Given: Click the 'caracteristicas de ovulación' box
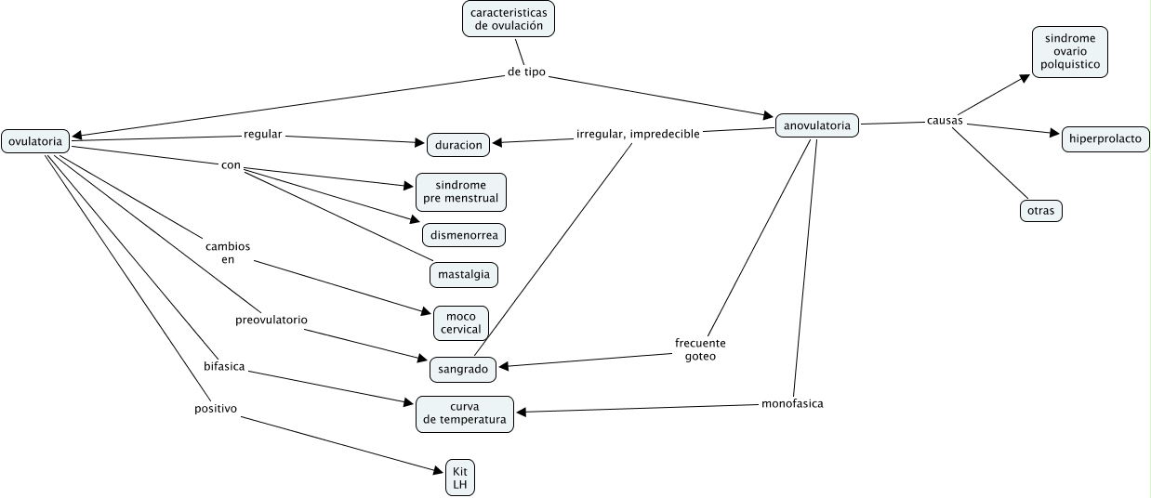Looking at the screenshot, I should [508, 19].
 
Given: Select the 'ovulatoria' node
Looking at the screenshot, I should [35, 141].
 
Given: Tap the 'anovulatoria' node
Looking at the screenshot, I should [816, 124].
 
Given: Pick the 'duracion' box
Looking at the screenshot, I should [458, 144].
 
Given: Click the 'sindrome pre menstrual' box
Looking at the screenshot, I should [461, 191].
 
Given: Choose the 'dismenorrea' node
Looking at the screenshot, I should [464, 235].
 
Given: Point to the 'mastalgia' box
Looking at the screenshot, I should [463, 275].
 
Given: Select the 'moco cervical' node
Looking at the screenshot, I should [461, 322].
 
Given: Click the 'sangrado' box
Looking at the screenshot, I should [462, 369].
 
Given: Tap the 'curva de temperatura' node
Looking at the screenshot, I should [464, 413].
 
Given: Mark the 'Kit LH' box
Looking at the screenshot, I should [459, 478].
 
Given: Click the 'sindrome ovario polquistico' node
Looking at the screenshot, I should [1069, 52].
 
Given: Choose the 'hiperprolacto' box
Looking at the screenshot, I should [1105, 139].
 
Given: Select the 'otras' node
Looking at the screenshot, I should [1040, 211].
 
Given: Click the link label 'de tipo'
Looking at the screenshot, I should [527, 72].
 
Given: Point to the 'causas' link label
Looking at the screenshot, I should [945, 121].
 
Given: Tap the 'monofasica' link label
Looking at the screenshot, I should [792, 403].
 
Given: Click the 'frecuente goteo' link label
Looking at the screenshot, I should [700, 348].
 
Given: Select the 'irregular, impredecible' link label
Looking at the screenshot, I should [638, 134].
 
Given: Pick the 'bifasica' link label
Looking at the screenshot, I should [224, 366].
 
